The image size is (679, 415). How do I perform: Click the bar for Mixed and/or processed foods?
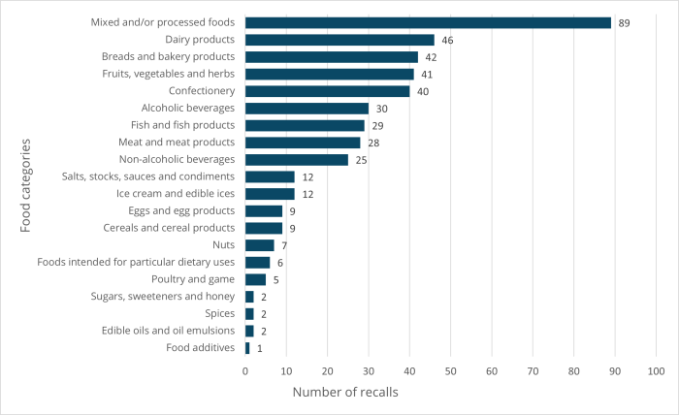pos(428,22)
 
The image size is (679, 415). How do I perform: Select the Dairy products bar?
pos(339,40)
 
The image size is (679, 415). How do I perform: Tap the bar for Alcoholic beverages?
pos(307,109)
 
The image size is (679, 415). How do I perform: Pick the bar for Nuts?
pos(260,245)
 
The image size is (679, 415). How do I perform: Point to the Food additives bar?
pos(247,348)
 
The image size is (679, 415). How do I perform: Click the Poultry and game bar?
pos(255,279)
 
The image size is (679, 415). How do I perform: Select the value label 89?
pos(625,22)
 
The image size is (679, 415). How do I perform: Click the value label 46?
pos(448,40)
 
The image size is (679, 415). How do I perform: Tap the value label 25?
pos(362,160)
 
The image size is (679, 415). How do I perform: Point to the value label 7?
pos(284,245)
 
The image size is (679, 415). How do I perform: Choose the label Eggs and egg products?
pos(178,210)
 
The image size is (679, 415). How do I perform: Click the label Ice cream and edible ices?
pos(176,194)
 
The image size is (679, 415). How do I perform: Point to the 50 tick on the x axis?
pos(450,371)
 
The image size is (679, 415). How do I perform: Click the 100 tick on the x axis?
pos(656,371)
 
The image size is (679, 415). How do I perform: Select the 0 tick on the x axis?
pos(245,371)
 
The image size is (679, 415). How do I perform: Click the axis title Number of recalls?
pos(345,393)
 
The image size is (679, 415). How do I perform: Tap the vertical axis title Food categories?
pos(27,185)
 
